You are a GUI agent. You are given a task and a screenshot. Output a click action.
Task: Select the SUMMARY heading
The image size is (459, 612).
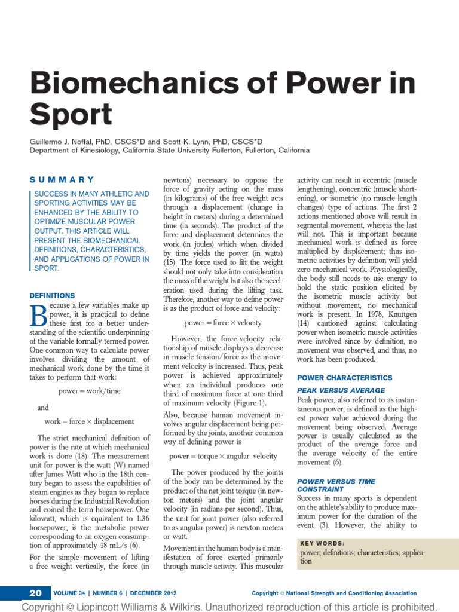pyautogui.click(x=62, y=179)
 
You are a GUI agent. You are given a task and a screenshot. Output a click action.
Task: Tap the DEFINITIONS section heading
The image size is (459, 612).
pyautogui.click(x=53, y=295)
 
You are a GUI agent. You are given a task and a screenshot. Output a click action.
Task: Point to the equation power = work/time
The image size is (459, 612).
pyautogui.click(x=89, y=391)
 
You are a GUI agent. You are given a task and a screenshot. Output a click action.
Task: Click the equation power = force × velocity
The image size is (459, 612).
pyautogui.click(x=224, y=323)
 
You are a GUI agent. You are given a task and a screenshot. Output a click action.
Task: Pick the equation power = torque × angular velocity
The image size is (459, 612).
pyautogui.click(x=223, y=456)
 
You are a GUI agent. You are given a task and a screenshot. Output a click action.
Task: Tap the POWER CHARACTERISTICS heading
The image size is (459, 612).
pyautogui.click(x=345, y=378)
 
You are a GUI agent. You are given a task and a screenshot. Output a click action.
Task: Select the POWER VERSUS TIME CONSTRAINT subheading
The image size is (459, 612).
pyautogui.click(x=335, y=485)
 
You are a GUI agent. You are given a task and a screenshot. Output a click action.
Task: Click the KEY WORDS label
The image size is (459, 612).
pyautogui.click(x=322, y=543)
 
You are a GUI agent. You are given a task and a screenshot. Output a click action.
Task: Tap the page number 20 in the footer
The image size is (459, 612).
pyautogui.click(x=35, y=593)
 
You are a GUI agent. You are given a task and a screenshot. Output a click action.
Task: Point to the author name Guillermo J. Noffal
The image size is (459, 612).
pyautogui.click(x=63, y=141)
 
